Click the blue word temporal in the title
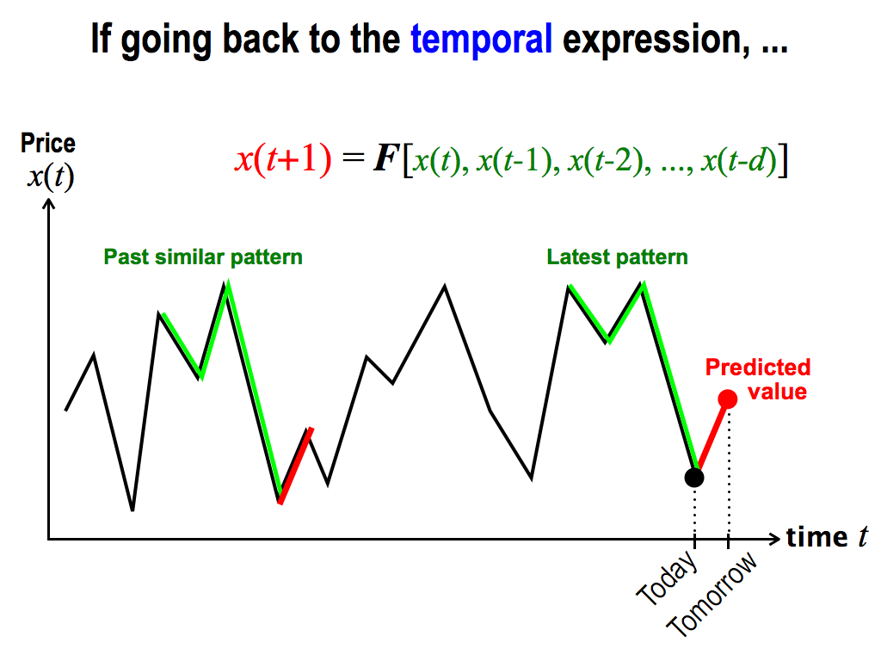(482, 40)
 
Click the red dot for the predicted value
(728, 399)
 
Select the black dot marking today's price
(694, 478)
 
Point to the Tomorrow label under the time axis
(712, 594)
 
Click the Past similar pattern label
(203, 257)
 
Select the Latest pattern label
(617, 257)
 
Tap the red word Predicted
(758, 368)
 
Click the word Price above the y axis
(48, 144)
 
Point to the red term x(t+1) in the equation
(283, 159)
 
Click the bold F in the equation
(386, 159)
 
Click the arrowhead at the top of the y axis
(49, 205)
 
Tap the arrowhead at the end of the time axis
(775, 539)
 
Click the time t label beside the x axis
(827, 537)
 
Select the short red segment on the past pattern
(296, 466)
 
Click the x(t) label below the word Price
(51, 177)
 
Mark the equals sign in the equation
(353, 158)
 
